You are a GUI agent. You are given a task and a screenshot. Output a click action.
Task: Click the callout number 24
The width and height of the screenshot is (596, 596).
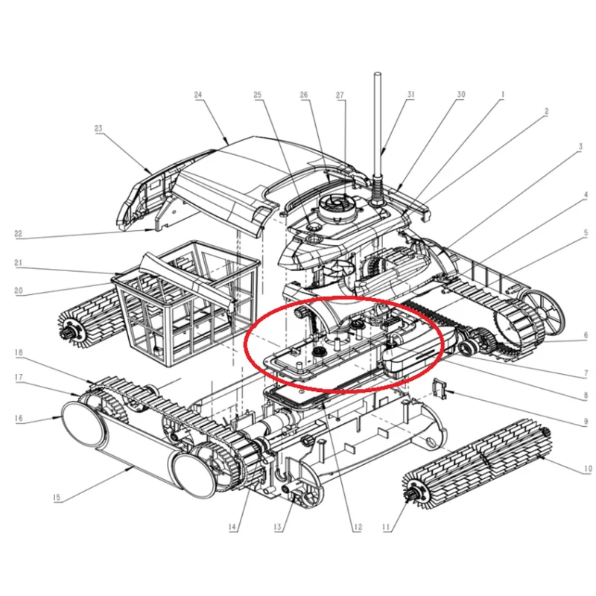(198, 95)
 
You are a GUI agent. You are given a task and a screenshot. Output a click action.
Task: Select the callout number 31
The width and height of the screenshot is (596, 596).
(410, 95)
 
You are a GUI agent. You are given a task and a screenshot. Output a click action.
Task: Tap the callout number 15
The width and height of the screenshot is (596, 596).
(57, 497)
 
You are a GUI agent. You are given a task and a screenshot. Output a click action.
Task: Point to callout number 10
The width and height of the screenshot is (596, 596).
(587, 469)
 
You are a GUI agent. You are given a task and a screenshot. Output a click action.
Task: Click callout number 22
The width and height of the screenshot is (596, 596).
(18, 233)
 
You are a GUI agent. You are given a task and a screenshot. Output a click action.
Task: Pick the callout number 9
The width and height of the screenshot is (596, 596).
(586, 422)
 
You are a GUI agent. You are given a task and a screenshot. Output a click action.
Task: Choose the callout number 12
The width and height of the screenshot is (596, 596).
(358, 527)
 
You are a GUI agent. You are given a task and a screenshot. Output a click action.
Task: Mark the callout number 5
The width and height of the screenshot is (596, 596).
(586, 232)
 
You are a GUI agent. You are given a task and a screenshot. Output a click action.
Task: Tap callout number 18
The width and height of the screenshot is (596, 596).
(19, 352)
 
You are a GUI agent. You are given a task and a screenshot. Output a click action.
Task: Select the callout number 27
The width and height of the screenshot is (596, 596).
(340, 95)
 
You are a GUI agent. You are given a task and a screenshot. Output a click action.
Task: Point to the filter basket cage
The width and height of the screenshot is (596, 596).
(186, 304)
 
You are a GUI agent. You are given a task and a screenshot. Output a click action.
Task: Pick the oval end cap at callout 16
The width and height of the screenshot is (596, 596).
(81, 424)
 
